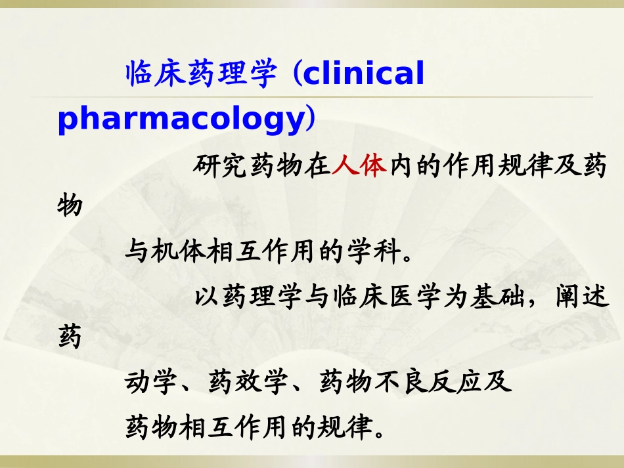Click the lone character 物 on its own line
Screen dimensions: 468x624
point(70,205)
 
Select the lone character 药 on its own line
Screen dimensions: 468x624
point(70,339)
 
